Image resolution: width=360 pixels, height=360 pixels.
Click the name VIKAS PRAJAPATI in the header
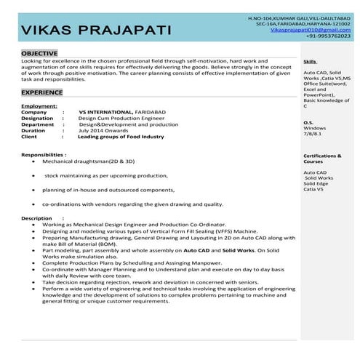(97, 30)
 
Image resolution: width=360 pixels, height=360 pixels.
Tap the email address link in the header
(309, 29)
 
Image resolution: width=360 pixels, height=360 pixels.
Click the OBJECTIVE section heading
(40, 55)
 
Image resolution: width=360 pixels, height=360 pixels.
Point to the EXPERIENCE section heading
(42, 93)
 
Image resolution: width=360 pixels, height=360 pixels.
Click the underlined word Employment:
(39, 106)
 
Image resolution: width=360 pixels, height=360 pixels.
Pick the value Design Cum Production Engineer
(119, 119)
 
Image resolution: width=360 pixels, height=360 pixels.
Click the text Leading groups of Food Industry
(121, 136)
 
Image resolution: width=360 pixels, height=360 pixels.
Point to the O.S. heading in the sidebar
(308, 122)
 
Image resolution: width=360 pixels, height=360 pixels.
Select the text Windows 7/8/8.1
(315, 131)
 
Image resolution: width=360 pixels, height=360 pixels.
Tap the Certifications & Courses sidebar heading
(321, 159)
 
